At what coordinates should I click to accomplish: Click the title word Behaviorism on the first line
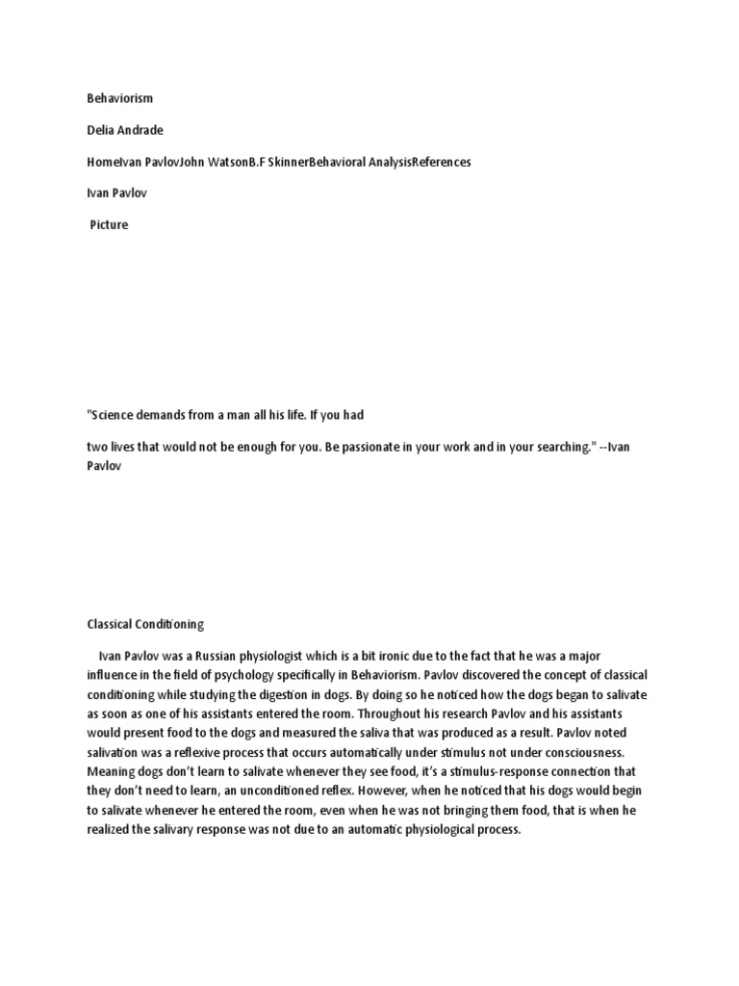120,98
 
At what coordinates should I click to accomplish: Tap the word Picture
109,225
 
